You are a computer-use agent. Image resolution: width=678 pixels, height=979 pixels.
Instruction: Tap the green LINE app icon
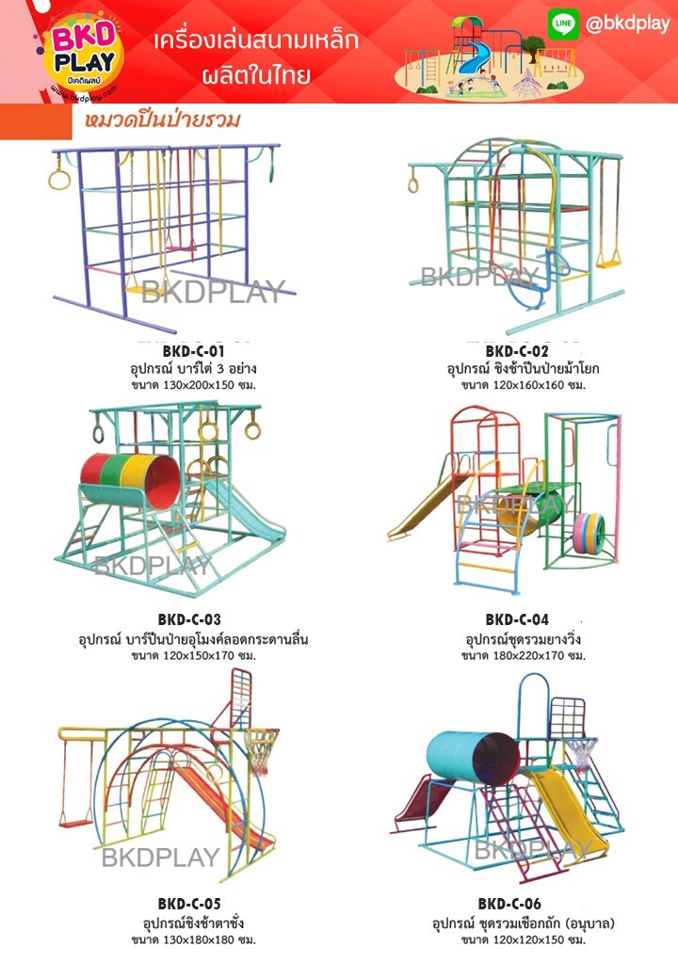point(563,25)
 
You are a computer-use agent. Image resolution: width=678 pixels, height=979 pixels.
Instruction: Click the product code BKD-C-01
point(193,352)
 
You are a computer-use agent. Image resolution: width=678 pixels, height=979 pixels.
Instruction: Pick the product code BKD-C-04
point(517,619)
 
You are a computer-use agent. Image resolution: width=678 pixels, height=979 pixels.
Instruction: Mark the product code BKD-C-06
point(509,905)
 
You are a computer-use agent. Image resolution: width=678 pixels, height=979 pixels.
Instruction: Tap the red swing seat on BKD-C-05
point(75,819)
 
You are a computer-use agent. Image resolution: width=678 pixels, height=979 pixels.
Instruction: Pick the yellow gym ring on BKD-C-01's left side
point(59,177)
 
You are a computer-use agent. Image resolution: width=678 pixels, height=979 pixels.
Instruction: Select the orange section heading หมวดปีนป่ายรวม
point(161,120)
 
